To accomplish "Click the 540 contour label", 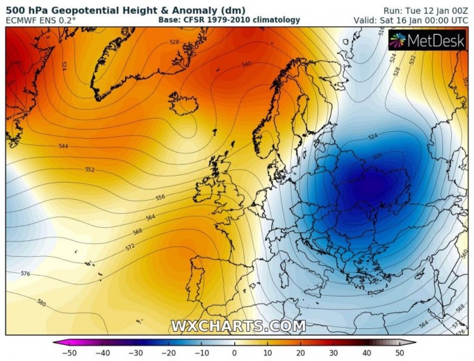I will click(x=246, y=65).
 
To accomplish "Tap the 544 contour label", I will click(x=64, y=146).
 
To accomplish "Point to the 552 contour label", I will click(x=90, y=170).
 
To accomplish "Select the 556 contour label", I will click(x=160, y=198).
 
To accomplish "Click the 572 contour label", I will click(x=130, y=247).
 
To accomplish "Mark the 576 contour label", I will click(x=26, y=274).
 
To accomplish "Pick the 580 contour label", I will click(x=42, y=303).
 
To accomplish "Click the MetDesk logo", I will click(x=427, y=41).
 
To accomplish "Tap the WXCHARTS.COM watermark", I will click(x=238, y=326).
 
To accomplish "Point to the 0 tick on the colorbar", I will click(x=234, y=353).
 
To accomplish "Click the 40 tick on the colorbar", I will click(x=366, y=353).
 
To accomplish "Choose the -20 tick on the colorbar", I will click(x=167, y=353).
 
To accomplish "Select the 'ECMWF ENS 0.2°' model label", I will click(x=40, y=20).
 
